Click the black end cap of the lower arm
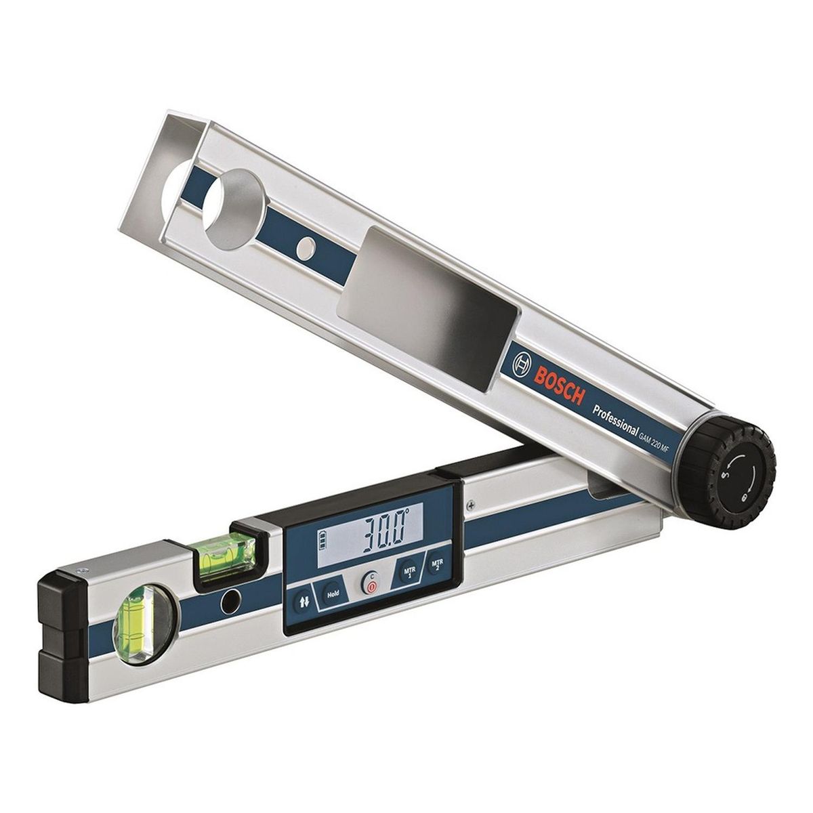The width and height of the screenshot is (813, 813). [x=59, y=627]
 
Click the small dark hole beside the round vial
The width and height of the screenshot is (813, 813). [x=232, y=598]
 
